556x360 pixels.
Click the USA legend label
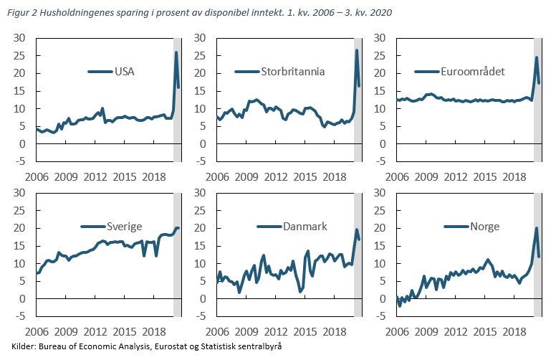coord(125,71)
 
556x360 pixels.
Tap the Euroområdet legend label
coord(474,71)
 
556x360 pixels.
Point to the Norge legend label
coord(484,226)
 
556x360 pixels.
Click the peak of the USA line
coord(176,52)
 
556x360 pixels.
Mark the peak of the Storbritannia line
coord(357,50)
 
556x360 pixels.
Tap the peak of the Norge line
coord(537,229)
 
